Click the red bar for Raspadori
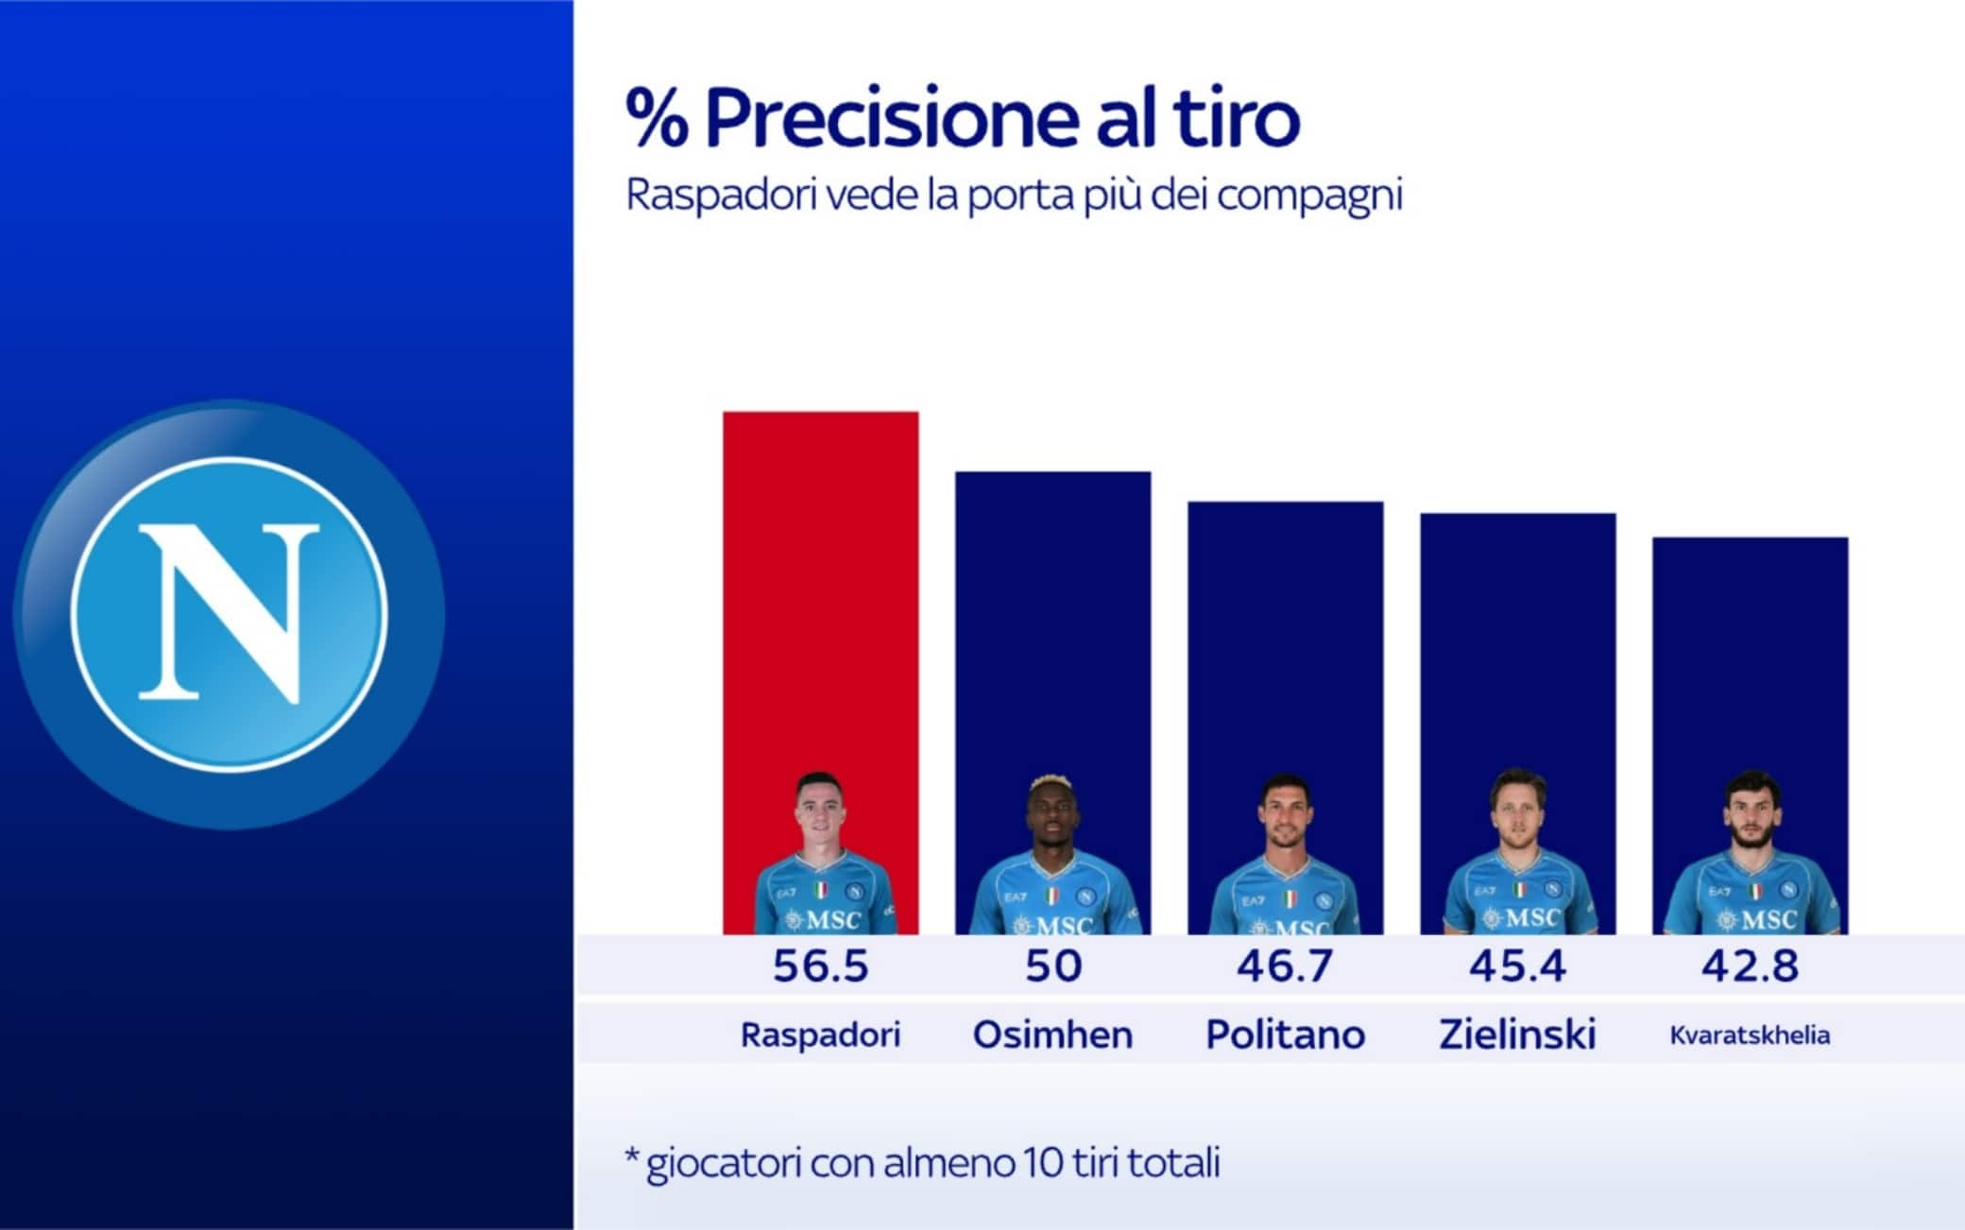pyautogui.click(x=820, y=586)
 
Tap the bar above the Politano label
pyautogui.click(x=1285, y=642)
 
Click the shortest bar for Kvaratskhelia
pyautogui.click(x=1750, y=661)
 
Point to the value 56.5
pyautogui.click(x=820, y=966)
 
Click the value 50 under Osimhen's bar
pyautogui.click(x=1053, y=966)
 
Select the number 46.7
pyautogui.click(x=1285, y=966)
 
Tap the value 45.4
pyautogui.click(x=1517, y=966)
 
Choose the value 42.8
pyautogui.click(x=1750, y=966)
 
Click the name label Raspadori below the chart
pyautogui.click(x=820, y=1035)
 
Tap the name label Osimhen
pyautogui.click(x=1052, y=1035)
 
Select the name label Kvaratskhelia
pyautogui.click(x=1750, y=1035)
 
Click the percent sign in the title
pyautogui.click(x=657, y=119)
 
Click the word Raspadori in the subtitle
pyautogui.click(x=720, y=196)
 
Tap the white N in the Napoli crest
pyautogui.click(x=230, y=614)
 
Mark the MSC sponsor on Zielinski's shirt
pyautogui.click(x=1521, y=918)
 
